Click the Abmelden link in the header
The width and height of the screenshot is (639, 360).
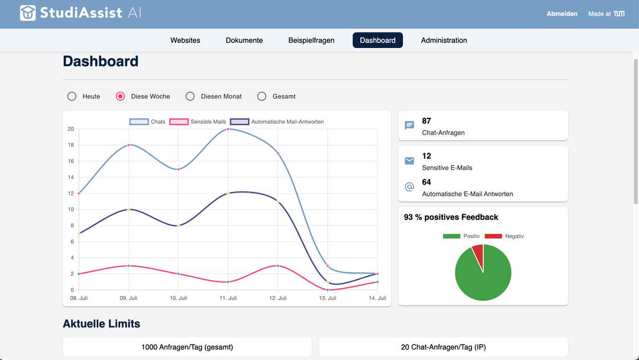click(x=561, y=14)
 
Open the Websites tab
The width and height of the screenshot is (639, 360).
click(x=185, y=40)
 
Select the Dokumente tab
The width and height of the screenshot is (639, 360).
click(x=244, y=40)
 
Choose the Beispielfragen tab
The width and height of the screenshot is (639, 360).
click(x=311, y=40)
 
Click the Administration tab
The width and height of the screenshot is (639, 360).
click(x=444, y=40)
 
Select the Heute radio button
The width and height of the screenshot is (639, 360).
click(x=72, y=97)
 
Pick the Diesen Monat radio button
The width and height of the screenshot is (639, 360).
click(x=190, y=97)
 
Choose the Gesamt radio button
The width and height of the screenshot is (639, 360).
click(x=262, y=97)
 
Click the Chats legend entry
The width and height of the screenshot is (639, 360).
click(x=148, y=122)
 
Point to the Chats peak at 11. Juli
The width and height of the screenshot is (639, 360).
click(x=228, y=129)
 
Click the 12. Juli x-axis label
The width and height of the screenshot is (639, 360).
click(x=277, y=298)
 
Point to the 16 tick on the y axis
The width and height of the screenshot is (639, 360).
click(x=70, y=161)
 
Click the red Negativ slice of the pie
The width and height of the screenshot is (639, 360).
click(x=478, y=252)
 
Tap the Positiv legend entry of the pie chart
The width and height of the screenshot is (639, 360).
click(x=461, y=236)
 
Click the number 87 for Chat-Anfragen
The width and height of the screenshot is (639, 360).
click(x=427, y=121)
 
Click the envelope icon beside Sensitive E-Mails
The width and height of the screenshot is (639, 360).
click(x=409, y=161)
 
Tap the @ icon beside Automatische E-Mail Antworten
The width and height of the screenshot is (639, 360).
click(x=409, y=187)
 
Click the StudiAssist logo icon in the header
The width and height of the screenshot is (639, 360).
click(x=28, y=13)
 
